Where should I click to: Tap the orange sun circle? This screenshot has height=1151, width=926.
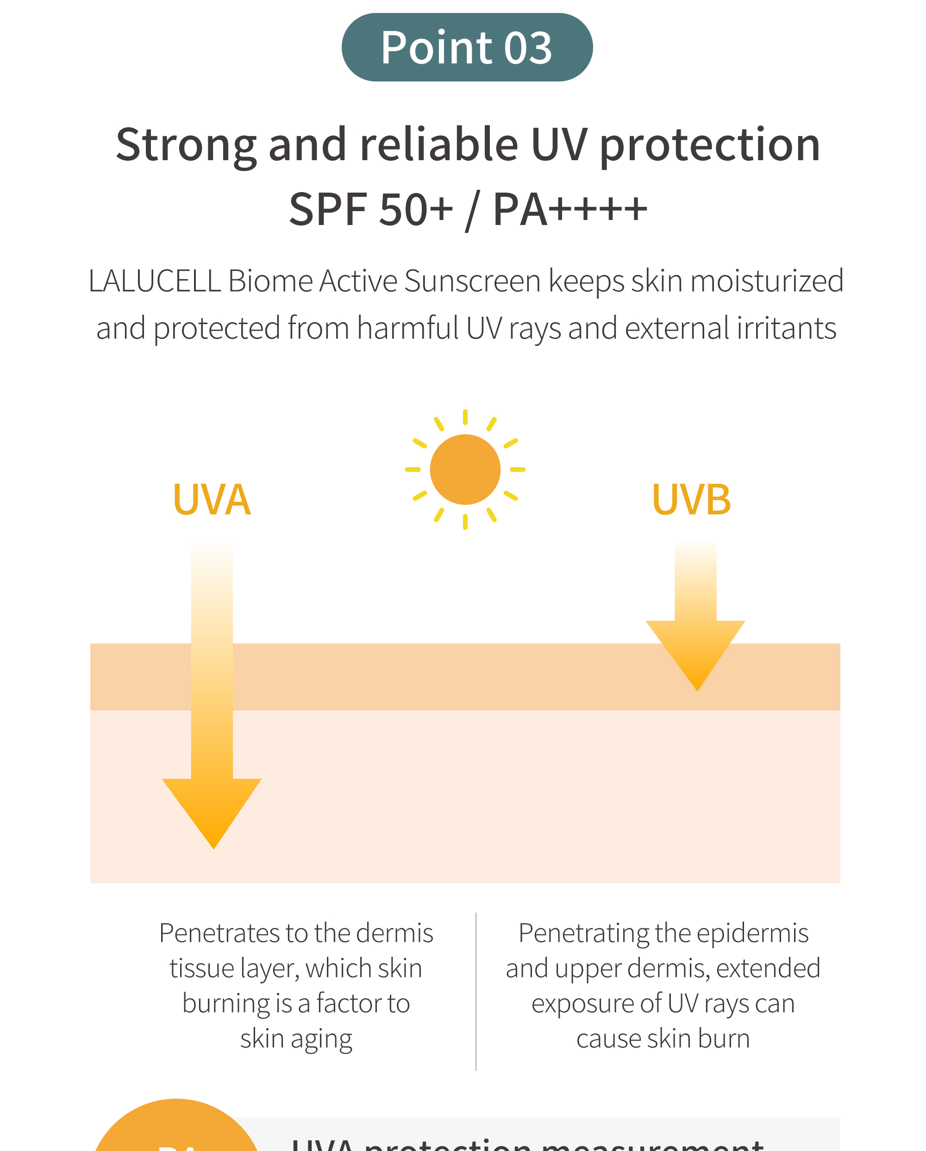click(465, 469)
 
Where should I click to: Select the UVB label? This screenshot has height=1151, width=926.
click(691, 500)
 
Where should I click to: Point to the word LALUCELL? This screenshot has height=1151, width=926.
click(155, 281)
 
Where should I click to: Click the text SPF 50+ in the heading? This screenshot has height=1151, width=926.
click(371, 209)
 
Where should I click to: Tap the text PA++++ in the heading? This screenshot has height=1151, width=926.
click(569, 209)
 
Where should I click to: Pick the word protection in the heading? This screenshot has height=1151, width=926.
click(710, 145)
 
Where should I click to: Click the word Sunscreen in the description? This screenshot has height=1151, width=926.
click(472, 281)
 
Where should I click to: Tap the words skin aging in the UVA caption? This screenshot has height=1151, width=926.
click(296, 1039)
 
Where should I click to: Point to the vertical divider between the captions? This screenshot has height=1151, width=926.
click(476, 990)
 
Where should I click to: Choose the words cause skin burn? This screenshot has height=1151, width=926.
click(663, 1039)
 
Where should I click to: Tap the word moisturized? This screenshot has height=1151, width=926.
click(766, 281)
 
